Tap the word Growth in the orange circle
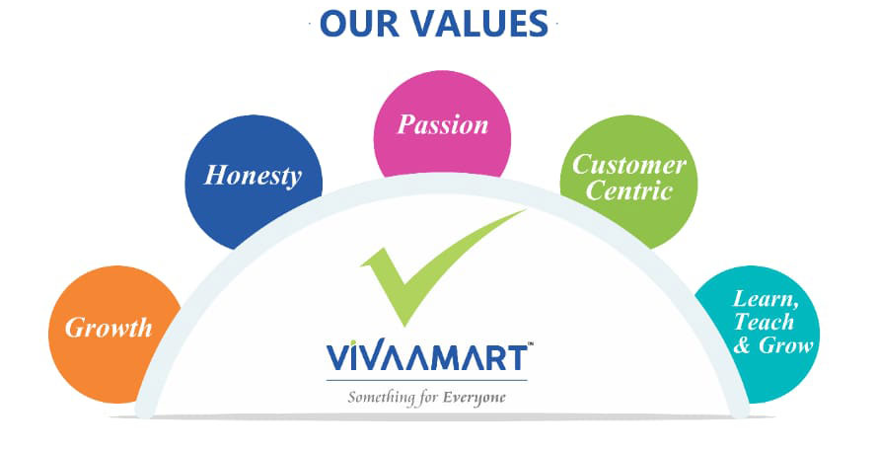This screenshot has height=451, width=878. click(109, 328)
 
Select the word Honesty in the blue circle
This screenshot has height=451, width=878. click(254, 176)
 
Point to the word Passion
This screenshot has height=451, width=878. click(442, 124)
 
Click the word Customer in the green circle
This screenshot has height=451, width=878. click(629, 165)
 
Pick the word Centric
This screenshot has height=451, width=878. click(628, 191)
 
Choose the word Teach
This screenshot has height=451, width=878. click(765, 322)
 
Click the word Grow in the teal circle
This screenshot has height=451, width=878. click(785, 345)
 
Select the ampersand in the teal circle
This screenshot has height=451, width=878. click(742, 345)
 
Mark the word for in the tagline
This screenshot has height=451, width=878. click(428, 399)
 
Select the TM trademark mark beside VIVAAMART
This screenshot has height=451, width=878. click(531, 344)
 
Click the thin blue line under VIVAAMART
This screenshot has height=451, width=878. click(427, 380)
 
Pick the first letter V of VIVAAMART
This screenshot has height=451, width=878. click(339, 358)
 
